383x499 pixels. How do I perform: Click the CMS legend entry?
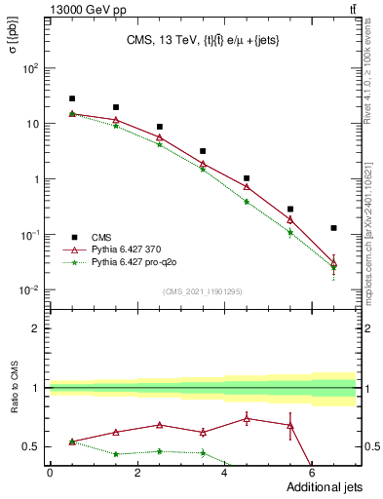click(x=101, y=237)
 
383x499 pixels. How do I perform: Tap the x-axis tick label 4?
click(x=224, y=473)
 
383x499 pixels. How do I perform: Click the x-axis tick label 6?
click(x=312, y=473)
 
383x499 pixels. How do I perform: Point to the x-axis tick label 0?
click(x=50, y=473)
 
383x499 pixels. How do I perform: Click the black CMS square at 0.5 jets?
click(x=72, y=98)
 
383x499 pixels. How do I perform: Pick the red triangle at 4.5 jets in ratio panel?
click(x=247, y=419)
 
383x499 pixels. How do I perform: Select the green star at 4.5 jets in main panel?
click(x=247, y=202)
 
